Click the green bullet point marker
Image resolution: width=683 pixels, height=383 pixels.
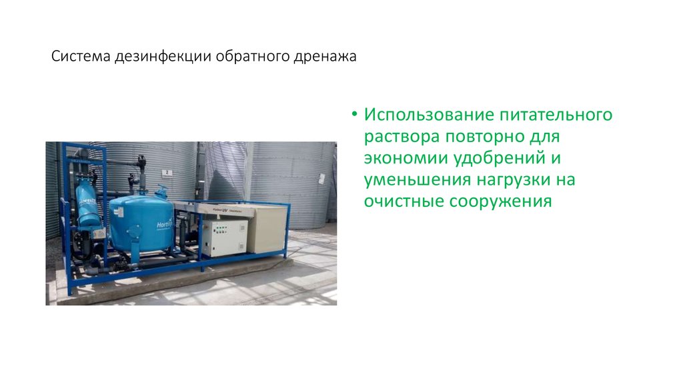coord(355,113)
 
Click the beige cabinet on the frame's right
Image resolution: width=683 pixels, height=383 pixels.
coord(268,228)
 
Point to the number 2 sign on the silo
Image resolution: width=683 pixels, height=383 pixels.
coord(167,171)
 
